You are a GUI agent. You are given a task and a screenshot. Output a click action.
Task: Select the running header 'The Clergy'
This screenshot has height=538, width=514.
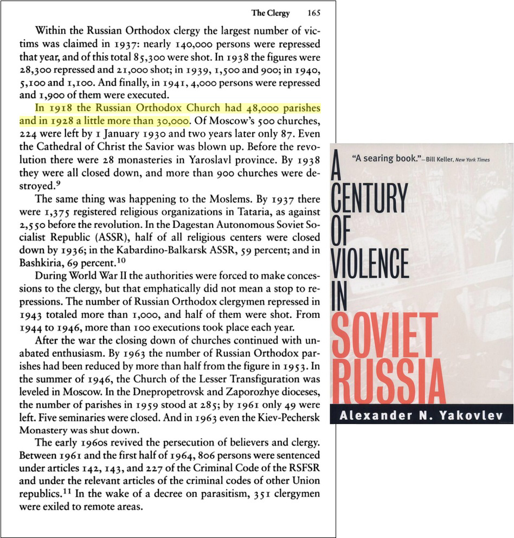(x=271, y=13)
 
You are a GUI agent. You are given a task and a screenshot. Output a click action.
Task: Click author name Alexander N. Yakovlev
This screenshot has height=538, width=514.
(x=422, y=415)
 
